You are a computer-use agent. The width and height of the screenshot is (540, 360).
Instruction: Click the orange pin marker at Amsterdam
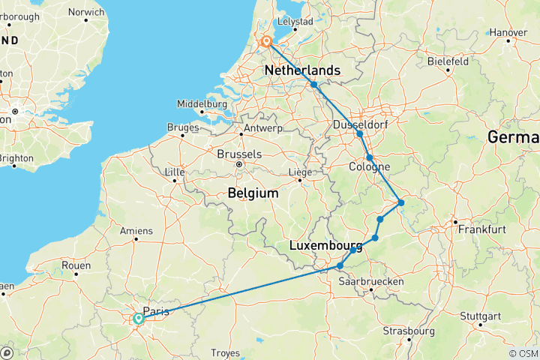(266, 42)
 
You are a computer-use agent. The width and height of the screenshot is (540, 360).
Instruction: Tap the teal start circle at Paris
(139, 319)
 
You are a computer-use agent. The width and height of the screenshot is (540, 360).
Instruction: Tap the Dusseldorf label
(356, 124)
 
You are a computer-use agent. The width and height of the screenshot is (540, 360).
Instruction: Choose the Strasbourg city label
(408, 331)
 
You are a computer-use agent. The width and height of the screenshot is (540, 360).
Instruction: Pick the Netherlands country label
(302, 70)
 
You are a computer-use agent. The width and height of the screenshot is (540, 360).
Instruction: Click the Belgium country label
(253, 193)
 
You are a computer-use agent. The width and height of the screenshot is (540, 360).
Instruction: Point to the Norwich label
(86, 12)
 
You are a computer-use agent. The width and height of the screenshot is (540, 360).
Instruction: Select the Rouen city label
(76, 265)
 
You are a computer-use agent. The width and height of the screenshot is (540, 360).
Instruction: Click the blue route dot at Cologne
(369, 157)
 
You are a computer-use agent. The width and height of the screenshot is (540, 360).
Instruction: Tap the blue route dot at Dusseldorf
(360, 133)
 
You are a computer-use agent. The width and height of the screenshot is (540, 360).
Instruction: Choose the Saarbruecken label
(371, 280)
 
